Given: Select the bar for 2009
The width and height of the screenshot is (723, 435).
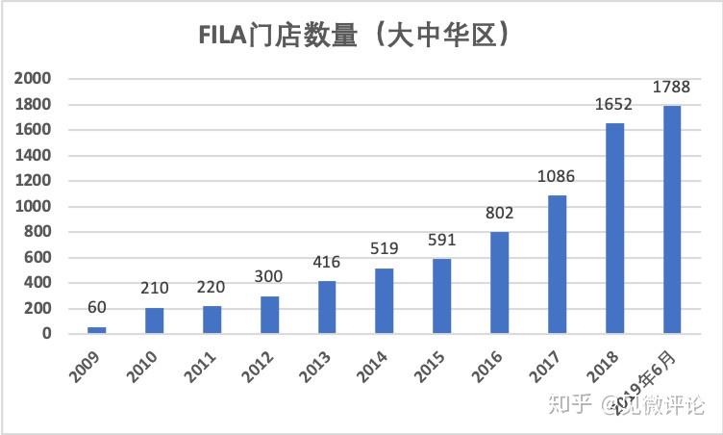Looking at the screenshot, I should point(96,329).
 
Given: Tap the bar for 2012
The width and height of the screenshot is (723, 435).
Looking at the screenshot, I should point(269,314).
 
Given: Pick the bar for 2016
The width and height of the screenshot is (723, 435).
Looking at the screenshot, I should point(500,282).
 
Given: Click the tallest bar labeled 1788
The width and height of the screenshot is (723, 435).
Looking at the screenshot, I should point(672,219).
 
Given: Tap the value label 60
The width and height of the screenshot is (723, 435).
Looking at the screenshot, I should point(96,309).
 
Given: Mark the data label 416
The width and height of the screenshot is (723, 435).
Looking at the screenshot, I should point(327,263).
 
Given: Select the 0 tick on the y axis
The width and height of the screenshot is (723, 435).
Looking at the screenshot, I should point(47,333).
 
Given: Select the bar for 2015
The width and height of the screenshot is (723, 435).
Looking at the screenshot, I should point(442,295).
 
